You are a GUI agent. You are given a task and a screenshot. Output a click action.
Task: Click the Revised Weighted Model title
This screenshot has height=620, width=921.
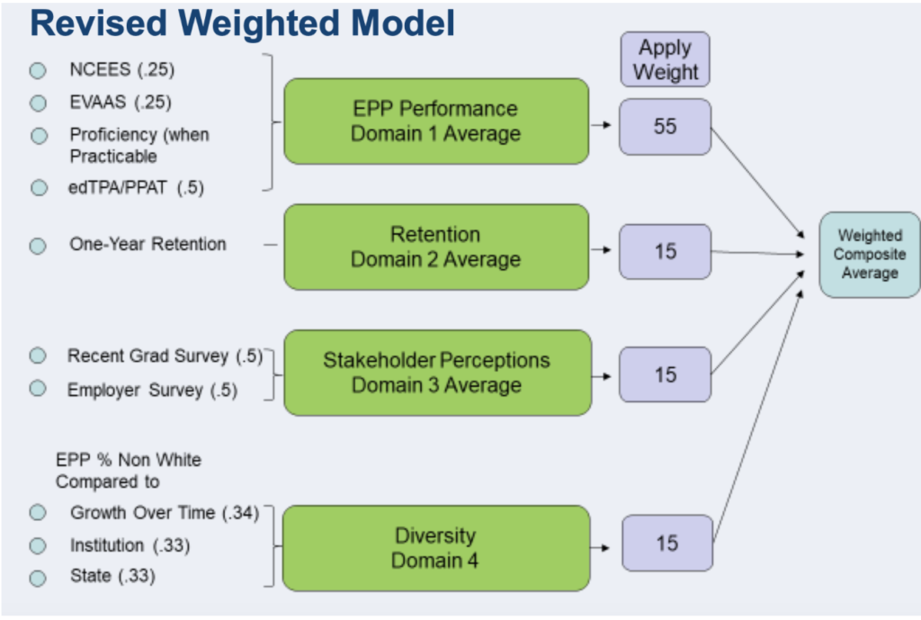(242, 23)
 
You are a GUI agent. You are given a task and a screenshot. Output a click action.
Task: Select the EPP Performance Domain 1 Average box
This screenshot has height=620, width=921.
(436, 121)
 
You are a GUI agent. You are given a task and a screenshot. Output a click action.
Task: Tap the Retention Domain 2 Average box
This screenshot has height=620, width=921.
(436, 247)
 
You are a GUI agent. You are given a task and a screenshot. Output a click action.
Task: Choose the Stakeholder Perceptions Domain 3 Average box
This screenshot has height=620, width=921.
(438, 373)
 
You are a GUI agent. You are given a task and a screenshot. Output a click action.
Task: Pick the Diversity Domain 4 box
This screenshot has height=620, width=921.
(436, 548)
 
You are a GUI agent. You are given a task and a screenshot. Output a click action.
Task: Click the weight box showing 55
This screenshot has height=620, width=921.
(665, 126)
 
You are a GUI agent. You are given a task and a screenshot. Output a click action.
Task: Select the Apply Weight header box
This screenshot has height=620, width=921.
(665, 59)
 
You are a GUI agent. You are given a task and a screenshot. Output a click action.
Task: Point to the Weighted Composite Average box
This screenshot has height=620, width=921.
(870, 255)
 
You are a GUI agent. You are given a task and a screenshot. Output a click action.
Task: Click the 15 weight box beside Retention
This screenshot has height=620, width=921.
(665, 252)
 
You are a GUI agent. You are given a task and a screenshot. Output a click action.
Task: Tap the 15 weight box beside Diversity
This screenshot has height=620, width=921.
(667, 543)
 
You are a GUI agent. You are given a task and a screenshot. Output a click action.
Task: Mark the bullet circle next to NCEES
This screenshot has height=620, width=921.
(38, 70)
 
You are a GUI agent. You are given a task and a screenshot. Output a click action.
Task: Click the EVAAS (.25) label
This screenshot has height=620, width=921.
(121, 103)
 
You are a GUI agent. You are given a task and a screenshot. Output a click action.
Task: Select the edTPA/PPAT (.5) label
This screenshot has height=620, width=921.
(137, 187)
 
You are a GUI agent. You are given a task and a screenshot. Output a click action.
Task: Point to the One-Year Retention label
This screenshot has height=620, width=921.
(148, 244)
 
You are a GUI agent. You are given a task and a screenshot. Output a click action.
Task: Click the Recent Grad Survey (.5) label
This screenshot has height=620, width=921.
(165, 356)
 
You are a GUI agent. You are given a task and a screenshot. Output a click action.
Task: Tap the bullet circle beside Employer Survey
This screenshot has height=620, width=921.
(38, 389)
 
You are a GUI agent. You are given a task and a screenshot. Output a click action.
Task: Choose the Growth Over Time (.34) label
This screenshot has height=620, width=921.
(165, 512)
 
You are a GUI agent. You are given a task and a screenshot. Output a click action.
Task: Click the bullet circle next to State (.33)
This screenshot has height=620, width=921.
(38, 579)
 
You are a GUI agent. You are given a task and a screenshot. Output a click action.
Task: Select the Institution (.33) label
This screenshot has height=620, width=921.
(130, 545)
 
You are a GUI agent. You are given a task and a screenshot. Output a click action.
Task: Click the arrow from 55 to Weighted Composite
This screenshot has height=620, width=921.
(757, 183)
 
